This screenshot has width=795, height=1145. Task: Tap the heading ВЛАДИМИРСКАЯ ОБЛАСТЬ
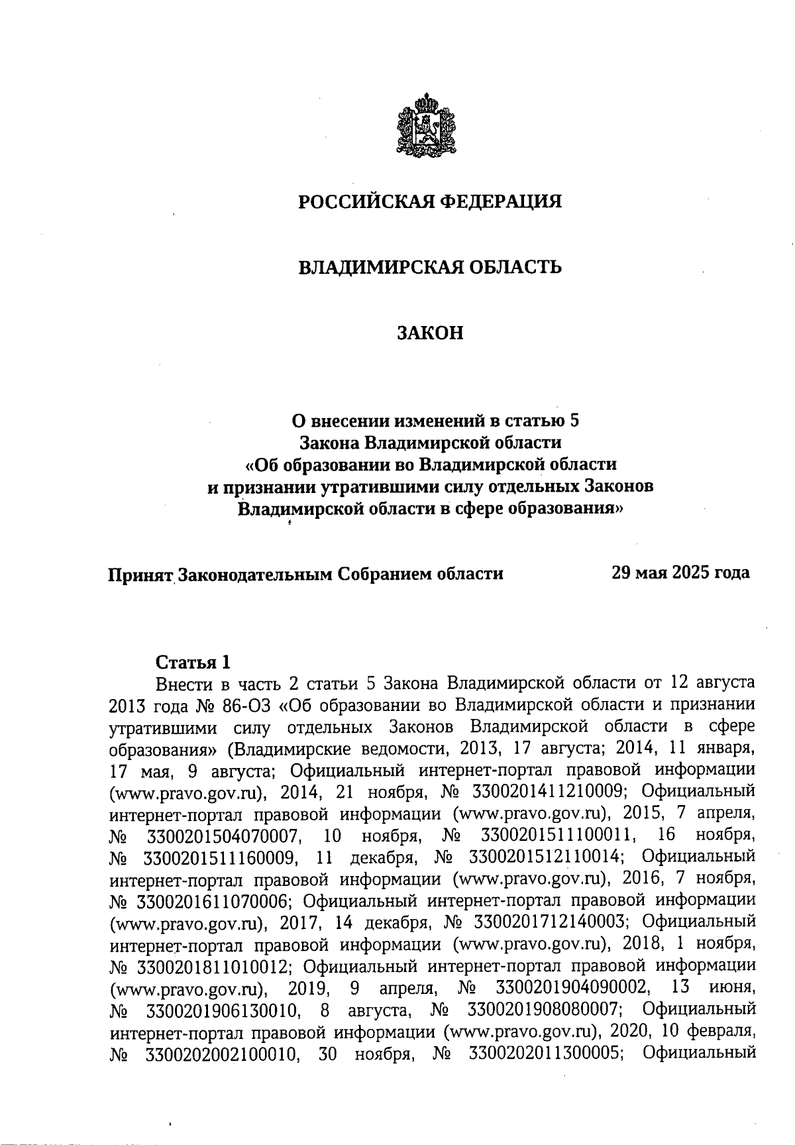430,267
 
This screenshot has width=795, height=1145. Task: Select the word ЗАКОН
430,333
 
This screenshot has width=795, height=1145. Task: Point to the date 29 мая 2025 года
682,572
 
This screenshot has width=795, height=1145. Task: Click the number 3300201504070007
220,834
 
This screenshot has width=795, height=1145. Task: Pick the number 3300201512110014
545,856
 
